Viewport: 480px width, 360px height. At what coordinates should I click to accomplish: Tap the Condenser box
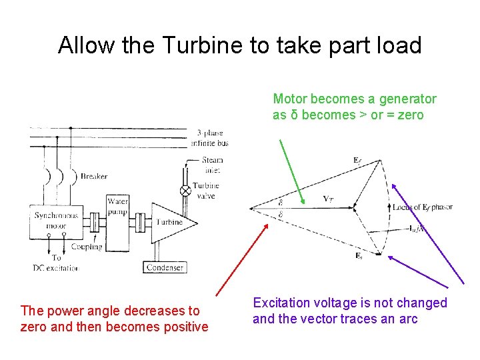(165, 268)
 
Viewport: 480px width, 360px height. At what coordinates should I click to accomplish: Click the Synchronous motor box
(56, 220)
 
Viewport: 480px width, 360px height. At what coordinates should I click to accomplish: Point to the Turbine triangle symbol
(167, 222)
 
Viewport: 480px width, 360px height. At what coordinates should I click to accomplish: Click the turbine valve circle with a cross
(186, 190)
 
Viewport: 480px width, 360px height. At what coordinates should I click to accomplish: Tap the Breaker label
(94, 177)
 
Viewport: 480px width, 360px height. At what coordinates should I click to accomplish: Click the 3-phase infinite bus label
(213, 138)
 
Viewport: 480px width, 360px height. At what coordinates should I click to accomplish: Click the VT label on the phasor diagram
(329, 198)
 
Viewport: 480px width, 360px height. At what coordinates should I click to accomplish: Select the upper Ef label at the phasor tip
(358, 159)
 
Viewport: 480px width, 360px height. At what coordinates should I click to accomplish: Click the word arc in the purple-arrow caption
(409, 319)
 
